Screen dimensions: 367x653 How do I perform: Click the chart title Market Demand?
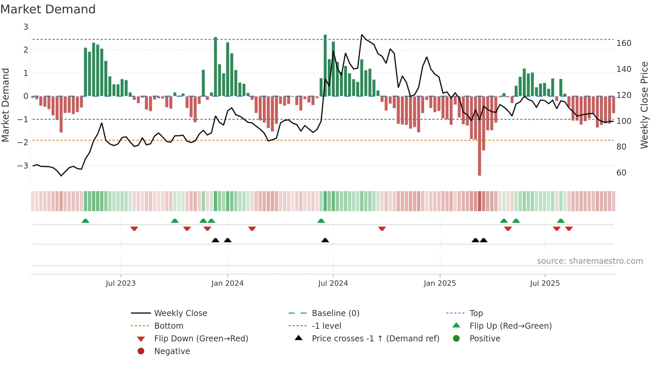coord(48,9)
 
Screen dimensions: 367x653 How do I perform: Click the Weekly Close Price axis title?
coord(644,105)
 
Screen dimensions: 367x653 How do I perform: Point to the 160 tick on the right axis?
coord(624,43)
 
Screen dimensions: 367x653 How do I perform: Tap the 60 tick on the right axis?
coord(621,173)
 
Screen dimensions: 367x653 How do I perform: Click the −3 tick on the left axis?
coord(23,166)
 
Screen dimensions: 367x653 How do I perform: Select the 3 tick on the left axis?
coord(26,27)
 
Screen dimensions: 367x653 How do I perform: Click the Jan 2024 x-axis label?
coord(227,283)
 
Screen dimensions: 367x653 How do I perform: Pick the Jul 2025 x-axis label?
coord(545,283)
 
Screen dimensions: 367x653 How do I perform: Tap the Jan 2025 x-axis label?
coord(440,283)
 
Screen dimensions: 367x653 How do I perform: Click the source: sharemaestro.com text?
coord(590,261)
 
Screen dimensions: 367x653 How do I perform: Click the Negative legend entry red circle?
coord(141,351)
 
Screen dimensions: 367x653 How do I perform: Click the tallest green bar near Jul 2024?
coord(325,67)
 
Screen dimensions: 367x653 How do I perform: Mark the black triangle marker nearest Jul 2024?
coord(325,240)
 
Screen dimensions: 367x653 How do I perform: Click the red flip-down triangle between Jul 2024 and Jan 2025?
coord(382,228)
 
